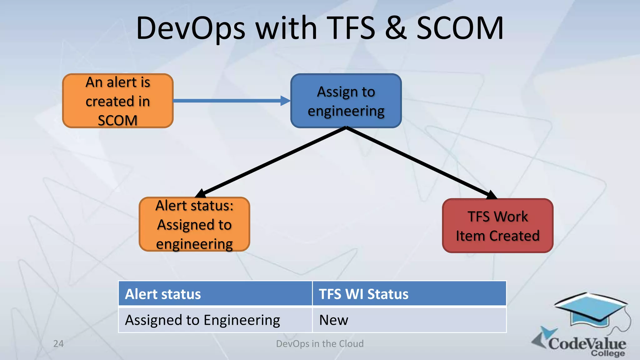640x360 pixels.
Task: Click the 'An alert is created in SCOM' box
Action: (x=118, y=101)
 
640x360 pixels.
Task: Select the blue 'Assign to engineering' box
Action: (x=346, y=101)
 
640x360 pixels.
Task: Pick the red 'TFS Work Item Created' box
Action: (x=497, y=226)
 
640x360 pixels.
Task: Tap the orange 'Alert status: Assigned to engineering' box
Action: (x=194, y=224)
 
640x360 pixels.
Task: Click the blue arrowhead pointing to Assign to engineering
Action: (x=285, y=101)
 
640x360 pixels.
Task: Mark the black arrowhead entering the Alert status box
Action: (x=201, y=194)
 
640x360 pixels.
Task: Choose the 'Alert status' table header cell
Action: (x=215, y=294)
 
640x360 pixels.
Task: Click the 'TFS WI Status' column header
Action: (x=409, y=294)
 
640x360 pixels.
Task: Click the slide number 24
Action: (x=58, y=344)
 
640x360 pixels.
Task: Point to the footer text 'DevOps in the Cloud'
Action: (x=320, y=344)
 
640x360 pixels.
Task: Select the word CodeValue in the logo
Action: (x=587, y=343)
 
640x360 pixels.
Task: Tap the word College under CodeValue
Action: (x=607, y=353)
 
